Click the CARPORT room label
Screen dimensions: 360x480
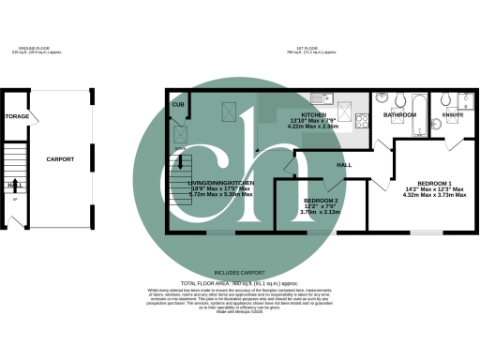(60, 159)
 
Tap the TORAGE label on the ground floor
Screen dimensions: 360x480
(17, 116)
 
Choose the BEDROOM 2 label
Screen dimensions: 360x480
(321, 200)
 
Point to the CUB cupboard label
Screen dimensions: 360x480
(178, 104)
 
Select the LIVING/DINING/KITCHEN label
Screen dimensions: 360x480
(222, 182)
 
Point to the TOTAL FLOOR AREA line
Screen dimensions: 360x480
(240, 282)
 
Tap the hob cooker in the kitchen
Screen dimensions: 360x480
(356, 115)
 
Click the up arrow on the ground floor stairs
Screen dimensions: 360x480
(16, 185)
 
